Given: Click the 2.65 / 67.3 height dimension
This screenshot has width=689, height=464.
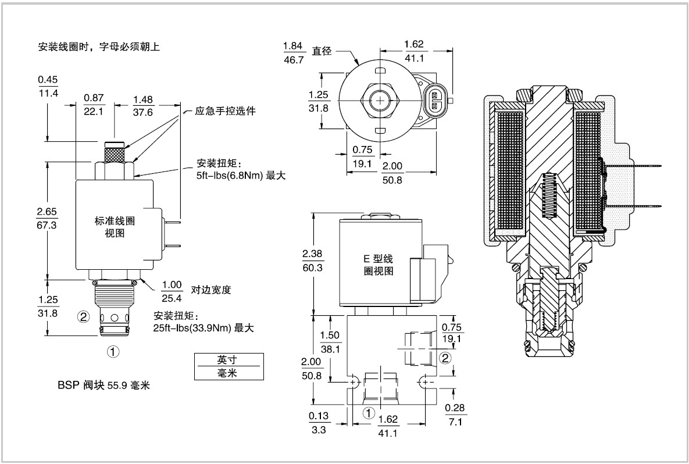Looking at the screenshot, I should coord(47,218).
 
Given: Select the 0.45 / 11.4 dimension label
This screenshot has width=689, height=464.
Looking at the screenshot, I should coord(48,86).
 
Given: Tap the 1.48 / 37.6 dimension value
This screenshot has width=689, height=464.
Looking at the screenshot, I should coord(143,106).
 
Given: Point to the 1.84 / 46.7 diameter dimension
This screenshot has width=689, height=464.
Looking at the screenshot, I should coord(294,52).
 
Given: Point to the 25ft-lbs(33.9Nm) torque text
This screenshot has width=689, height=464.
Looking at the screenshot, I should coord(204,328).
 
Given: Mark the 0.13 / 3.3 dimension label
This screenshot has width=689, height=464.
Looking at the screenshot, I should coord(319,422).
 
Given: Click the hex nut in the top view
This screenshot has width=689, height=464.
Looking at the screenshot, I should coord(380,101).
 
